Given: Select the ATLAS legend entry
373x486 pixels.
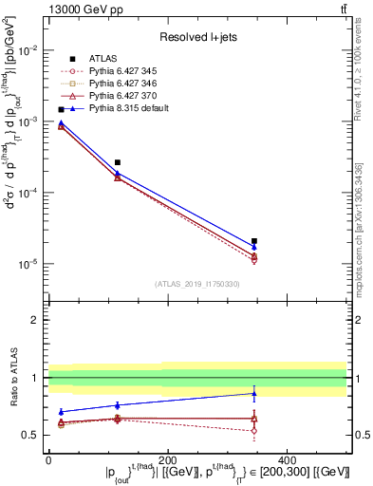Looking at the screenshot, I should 104,59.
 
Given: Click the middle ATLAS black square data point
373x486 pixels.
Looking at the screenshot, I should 117,162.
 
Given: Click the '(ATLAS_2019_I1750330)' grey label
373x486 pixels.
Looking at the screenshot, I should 197,284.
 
